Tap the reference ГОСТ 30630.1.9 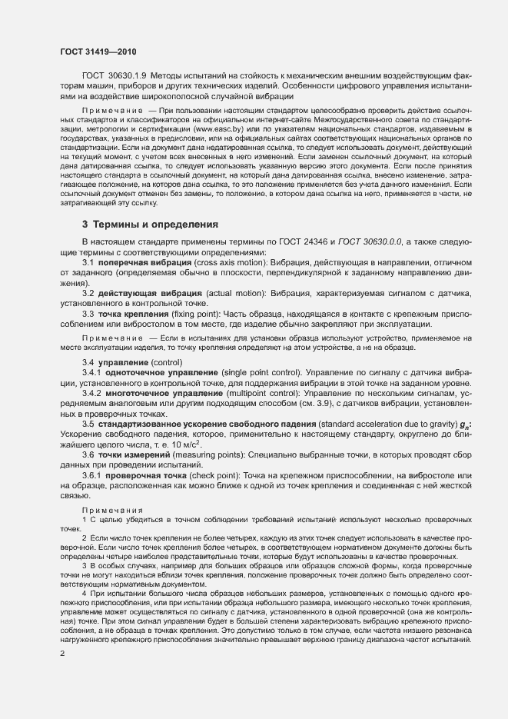(x=115, y=79)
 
